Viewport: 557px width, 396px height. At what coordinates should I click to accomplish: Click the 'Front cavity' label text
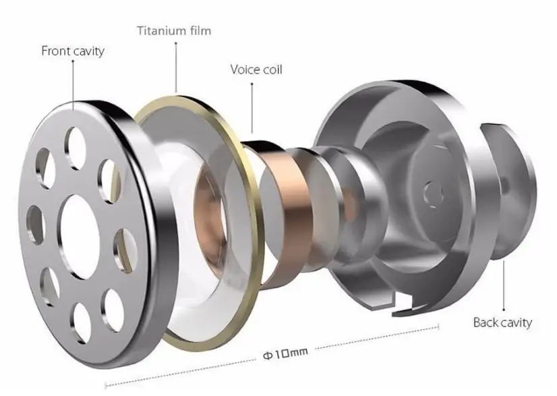coord(73,50)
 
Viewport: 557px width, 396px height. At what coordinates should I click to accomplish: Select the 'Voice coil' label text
coord(256,69)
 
